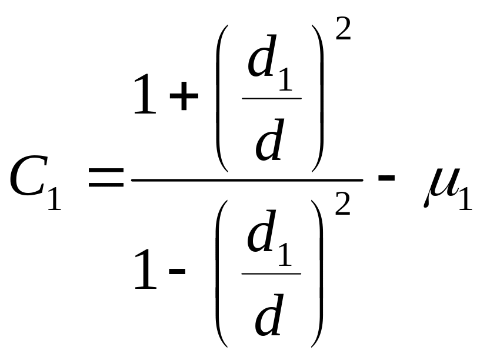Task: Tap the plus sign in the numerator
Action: [x=184, y=98]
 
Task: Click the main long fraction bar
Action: [x=247, y=180]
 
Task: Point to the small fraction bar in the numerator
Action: [x=272, y=98]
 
